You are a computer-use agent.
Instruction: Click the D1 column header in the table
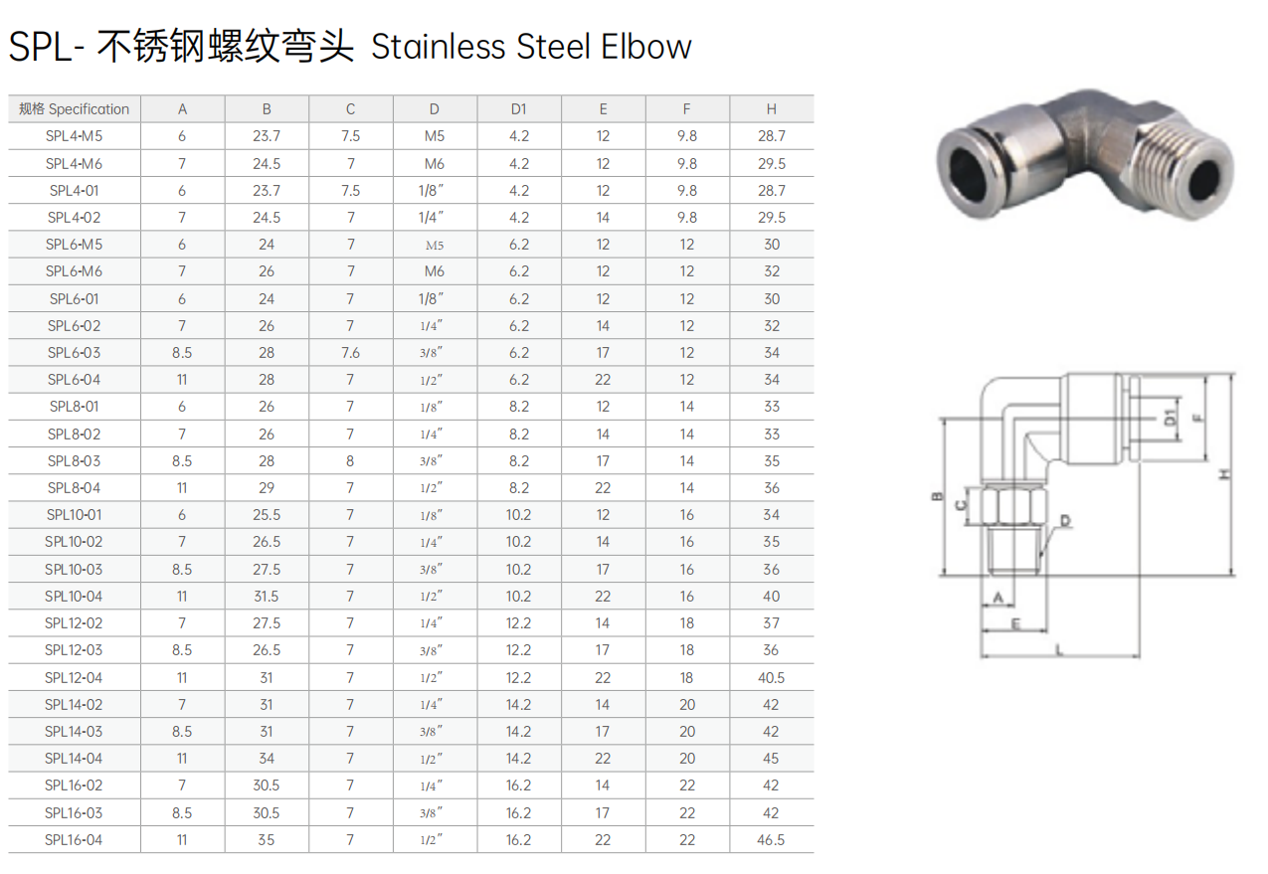[x=518, y=108]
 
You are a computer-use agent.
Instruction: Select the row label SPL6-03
[x=74, y=353]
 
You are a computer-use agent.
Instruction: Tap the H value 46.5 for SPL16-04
[x=771, y=839]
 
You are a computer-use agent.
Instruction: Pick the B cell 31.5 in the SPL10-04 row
[x=267, y=596]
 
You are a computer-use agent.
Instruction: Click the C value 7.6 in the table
[x=350, y=353]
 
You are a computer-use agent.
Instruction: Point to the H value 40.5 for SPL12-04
[x=771, y=677]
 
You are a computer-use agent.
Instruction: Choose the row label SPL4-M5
[x=74, y=136]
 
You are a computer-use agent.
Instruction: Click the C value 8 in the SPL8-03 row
[x=350, y=460]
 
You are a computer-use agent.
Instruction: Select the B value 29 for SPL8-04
[x=267, y=487]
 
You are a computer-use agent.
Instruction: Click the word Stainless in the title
[x=439, y=47]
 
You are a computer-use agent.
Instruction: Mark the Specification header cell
[x=74, y=108]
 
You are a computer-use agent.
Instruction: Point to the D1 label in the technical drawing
[x=1171, y=418]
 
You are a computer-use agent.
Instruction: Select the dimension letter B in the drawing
[x=937, y=496]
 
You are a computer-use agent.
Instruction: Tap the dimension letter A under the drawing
[x=997, y=598]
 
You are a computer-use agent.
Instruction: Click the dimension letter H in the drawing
[x=1224, y=474]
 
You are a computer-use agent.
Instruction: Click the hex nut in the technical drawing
[x=1013, y=505]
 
